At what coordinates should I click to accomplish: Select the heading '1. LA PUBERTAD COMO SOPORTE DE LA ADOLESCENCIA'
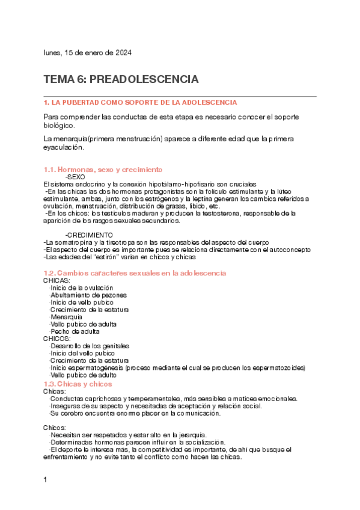[x=141, y=103]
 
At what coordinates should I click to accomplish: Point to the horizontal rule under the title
[x=180, y=96]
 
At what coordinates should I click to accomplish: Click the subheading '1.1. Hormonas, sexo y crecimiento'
[x=103, y=170]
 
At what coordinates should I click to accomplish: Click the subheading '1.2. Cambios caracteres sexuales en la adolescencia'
[x=135, y=273]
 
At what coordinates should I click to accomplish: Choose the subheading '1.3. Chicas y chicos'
[x=78, y=383]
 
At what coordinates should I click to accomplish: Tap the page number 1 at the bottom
[x=45, y=480]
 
